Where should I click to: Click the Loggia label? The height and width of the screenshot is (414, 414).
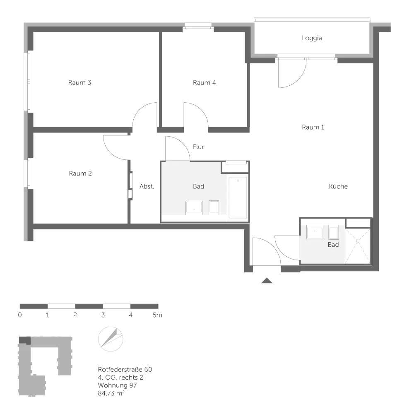pos(312,38)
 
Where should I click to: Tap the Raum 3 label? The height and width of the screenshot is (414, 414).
pos(79,83)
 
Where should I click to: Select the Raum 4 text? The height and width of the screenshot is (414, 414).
pos(205,83)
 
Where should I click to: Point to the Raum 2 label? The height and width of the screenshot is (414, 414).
pos(80,173)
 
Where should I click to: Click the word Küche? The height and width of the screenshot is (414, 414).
pos(338,186)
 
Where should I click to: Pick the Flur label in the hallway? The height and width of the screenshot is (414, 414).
pos(199,147)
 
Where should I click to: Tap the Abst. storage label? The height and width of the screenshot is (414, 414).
pos(147,186)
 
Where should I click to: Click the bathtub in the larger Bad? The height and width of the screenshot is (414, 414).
pos(238,197)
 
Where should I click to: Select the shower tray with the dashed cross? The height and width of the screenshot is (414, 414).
pos(358,246)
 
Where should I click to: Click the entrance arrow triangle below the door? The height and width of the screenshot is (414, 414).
pos(267,281)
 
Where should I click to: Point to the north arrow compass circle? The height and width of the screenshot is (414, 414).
pos(111,339)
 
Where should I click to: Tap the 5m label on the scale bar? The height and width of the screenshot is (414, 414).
pos(157,315)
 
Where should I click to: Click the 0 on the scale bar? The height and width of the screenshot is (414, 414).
pos(20,315)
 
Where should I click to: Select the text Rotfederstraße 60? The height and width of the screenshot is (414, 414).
pos(125,369)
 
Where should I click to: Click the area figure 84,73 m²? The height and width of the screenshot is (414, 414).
pos(111,393)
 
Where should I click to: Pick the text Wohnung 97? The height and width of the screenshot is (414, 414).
pos(117,385)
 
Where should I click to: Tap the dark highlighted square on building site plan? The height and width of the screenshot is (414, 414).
pos(25,340)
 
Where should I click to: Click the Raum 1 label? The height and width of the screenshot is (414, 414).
pos(313,127)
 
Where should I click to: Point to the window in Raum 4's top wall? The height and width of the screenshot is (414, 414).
pos(198,25)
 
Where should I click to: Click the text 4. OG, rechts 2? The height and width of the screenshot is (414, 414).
pos(120,377)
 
